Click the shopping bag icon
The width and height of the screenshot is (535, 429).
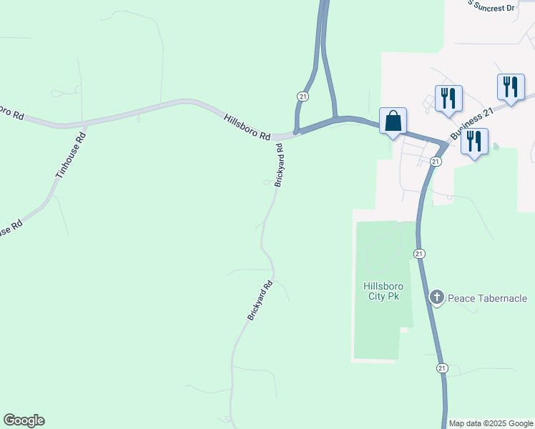click(393, 121)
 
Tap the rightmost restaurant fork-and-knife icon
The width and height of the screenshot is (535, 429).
click(511, 87)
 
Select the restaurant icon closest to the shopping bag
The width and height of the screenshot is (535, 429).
click(448, 99)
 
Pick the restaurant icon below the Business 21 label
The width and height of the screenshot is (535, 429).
click(474, 142)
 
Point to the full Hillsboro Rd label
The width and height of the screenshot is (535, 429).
click(247, 127)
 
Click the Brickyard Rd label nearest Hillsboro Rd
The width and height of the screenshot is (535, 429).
click(280, 167)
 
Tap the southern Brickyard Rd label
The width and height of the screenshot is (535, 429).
click(260, 300)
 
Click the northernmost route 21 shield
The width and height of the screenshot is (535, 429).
click(303, 96)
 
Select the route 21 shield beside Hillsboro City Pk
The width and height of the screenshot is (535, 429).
click(419, 254)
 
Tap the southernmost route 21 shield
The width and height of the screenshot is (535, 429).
click(442, 368)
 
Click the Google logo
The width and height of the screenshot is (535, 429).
click(24, 420)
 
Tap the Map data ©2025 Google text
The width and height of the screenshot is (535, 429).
click(491, 423)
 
